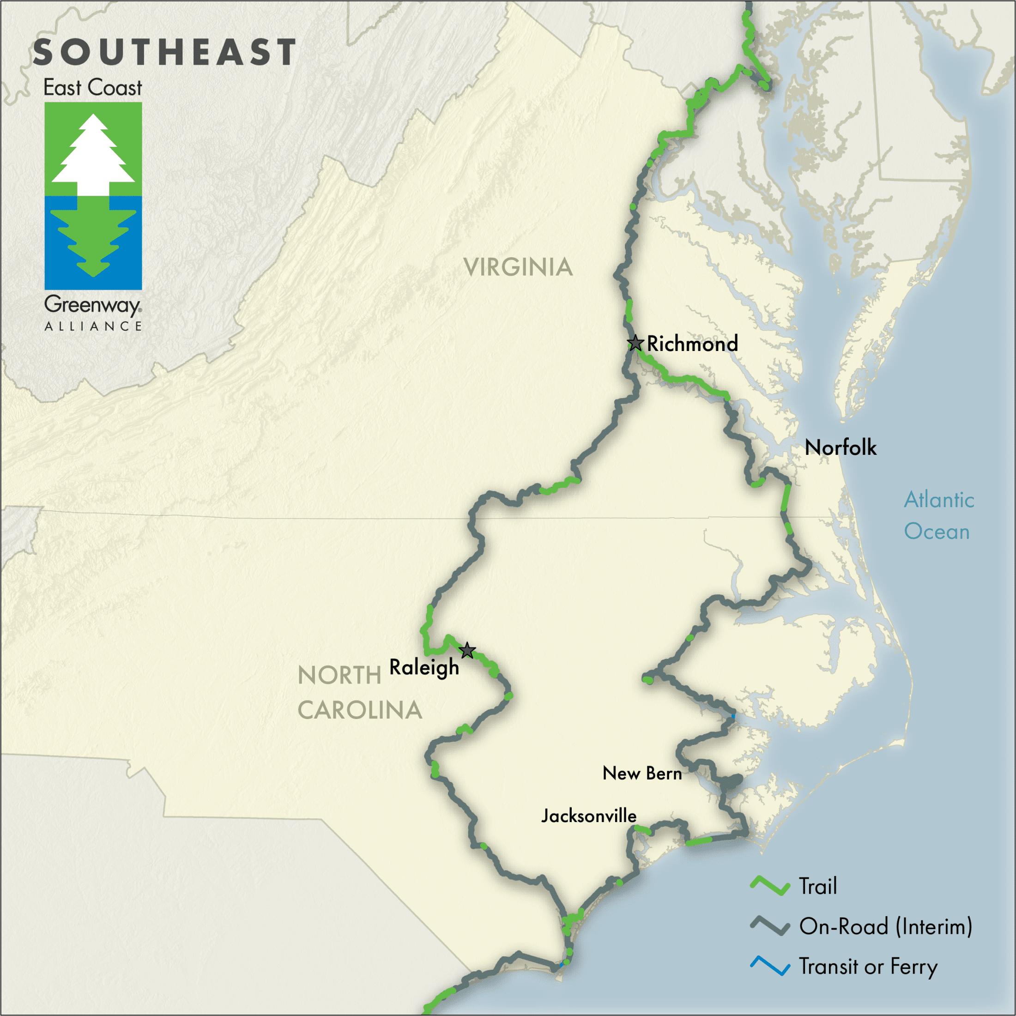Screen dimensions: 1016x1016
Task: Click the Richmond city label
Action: click(692, 344)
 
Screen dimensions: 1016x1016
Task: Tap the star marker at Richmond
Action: click(635, 344)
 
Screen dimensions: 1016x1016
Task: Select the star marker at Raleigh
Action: click(467, 651)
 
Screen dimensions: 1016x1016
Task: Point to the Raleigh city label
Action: click(424, 667)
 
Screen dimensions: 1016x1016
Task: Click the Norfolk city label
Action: click(841, 448)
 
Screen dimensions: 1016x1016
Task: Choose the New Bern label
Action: click(641, 773)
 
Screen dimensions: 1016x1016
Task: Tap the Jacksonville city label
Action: click(589, 816)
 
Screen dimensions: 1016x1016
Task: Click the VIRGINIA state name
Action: click(518, 267)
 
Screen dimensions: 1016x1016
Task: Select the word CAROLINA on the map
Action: click(360, 710)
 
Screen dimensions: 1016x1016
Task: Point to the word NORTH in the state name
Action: click(339, 676)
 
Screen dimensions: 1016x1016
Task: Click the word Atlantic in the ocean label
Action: click(939, 500)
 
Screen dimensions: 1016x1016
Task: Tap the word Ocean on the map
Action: click(937, 531)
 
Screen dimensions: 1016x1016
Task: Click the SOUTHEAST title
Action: click(164, 52)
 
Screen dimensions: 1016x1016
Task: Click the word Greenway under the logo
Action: click(92, 305)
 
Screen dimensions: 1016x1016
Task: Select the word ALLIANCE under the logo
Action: click(93, 327)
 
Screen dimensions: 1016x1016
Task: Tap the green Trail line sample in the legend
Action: click(770, 886)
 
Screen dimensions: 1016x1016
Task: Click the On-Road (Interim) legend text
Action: click(886, 926)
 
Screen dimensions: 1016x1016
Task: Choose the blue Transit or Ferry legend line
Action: click(770, 966)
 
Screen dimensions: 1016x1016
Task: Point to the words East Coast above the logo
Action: click(92, 88)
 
